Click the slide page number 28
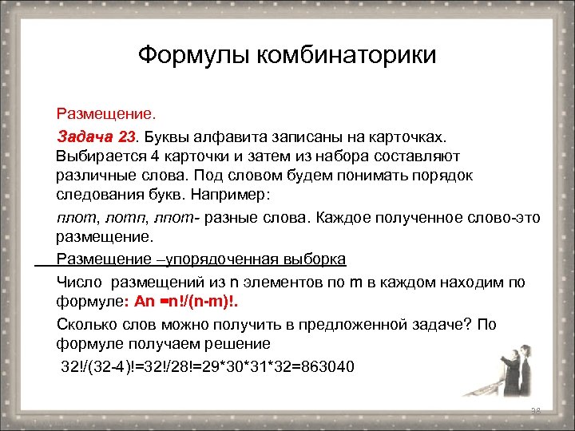536,411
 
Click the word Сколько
86,324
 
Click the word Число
80,282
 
